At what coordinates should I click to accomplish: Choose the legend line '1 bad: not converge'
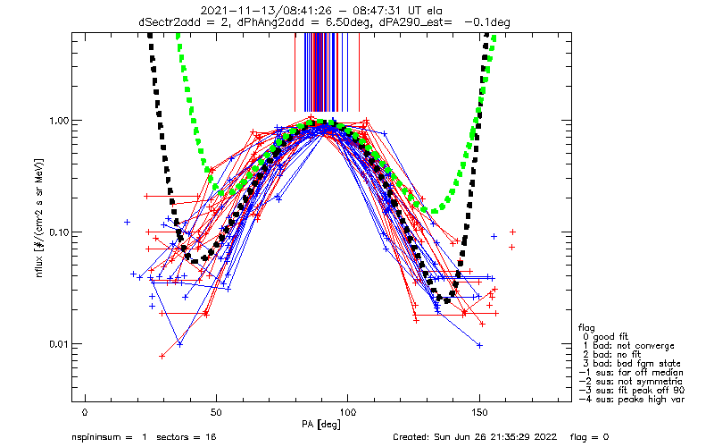coord(626,346)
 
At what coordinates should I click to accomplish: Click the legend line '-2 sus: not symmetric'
coord(629,382)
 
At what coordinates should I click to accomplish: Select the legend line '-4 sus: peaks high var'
coord(631,400)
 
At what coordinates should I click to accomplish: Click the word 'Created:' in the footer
coord(413,438)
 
